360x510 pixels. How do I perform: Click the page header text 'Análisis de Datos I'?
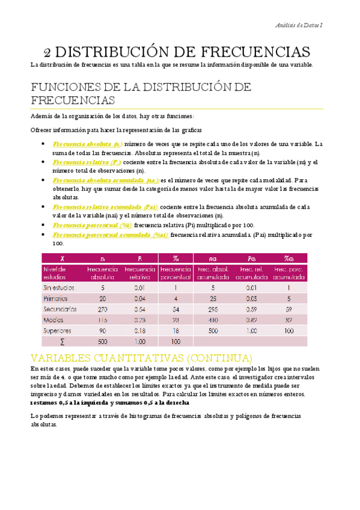pyautogui.click(x=298, y=25)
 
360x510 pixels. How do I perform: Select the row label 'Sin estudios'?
pyautogui.click(x=59, y=287)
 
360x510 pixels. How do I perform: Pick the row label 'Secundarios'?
pyautogui.click(x=60, y=309)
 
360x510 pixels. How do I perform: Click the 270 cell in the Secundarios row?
pyautogui.click(x=102, y=309)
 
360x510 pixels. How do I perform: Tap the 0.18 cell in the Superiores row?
pyautogui.click(x=139, y=331)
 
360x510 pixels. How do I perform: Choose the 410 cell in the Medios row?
pyautogui.click(x=213, y=320)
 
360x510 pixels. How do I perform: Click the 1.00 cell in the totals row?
pyautogui.click(x=139, y=342)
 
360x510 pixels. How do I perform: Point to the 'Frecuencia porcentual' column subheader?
pyautogui.click(x=176, y=273)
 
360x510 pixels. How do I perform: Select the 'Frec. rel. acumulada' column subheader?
pyautogui.click(x=251, y=273)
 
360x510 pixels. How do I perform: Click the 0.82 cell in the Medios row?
pyautogui.click(x=251, y=320)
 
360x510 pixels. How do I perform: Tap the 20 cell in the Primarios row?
pyautogui.click(x=102, y=298)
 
